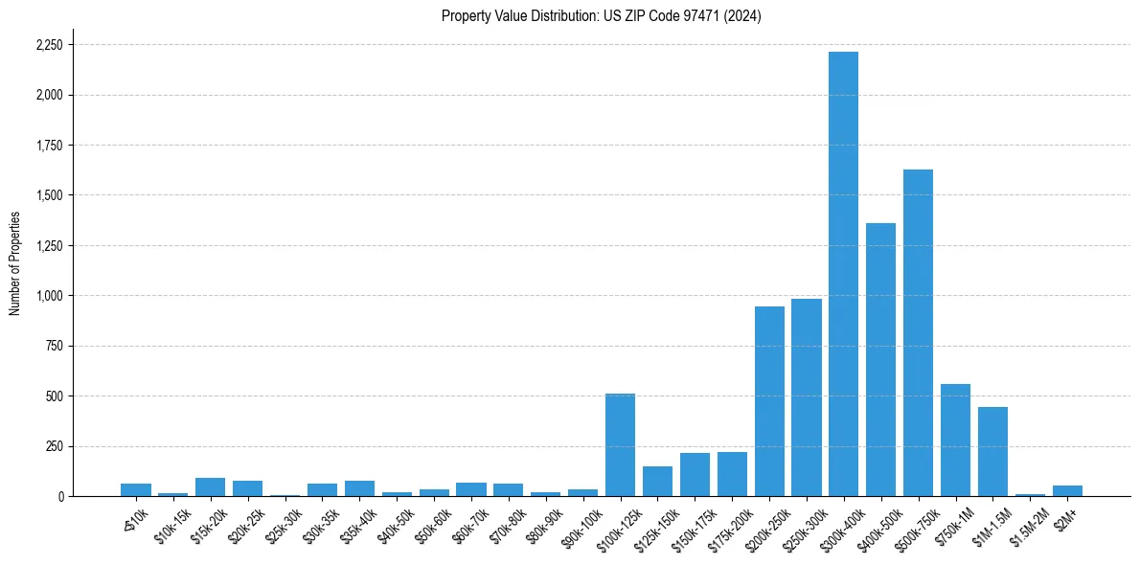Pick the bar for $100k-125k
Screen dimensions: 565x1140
click(620, 444)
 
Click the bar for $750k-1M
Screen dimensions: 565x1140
click(955, 440)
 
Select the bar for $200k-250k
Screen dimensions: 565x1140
click(769, 401)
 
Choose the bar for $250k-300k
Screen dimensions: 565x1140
click(807, 397)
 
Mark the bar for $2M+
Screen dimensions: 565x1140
click(1067, 490)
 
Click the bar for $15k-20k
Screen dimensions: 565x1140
click(210, 486)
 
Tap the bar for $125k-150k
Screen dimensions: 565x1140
click(657, 481)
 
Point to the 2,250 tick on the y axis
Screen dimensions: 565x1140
click(49, 45)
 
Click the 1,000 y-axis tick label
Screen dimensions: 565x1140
click(49, 296)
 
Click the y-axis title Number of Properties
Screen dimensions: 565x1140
click(15, 263)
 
